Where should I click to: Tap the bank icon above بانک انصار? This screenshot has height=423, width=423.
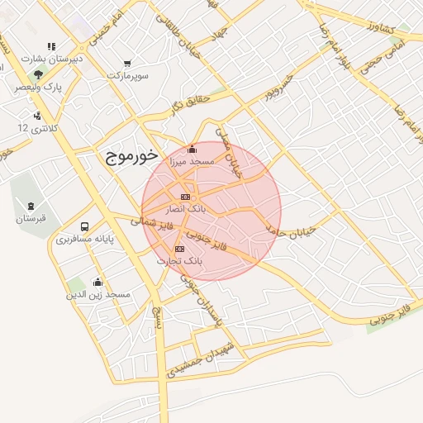click(x=184, y=197)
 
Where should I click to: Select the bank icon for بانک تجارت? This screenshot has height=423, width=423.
click(x=179, y=249)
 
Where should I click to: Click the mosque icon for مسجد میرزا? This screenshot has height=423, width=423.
click(x=192, y=150)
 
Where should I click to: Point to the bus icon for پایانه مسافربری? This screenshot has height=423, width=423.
click(x=84, y=226)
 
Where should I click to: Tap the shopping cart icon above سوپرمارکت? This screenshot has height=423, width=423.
click(x=126, y=63)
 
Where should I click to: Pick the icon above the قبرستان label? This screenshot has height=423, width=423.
click(x=31, y=206)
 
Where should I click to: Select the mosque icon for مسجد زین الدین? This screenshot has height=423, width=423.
click(x=97, y=282)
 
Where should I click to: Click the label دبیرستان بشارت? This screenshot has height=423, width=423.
click(x=51, y=59)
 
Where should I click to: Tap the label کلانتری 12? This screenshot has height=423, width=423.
click(x=38, y=129)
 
